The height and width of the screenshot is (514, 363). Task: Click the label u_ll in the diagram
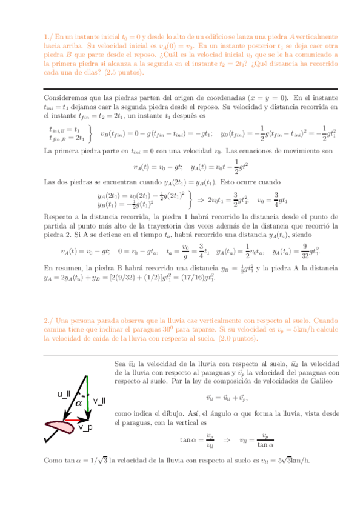[x=64, y=395]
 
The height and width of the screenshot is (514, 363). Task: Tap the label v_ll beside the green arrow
[x=99, y=401]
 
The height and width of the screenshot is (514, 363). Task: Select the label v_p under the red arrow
[x=85, y=427]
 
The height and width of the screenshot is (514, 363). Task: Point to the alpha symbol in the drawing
[x=78, y=402]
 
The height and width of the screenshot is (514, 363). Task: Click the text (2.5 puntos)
[x=124, y=72]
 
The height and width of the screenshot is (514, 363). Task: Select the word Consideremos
[x=66, y=98]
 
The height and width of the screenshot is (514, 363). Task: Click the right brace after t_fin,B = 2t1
[x=90, y=133]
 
